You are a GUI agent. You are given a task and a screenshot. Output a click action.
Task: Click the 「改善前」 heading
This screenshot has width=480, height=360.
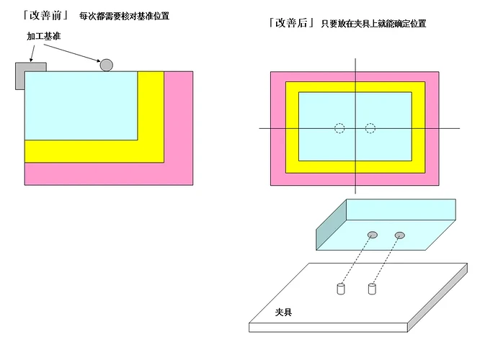tap(45, 15)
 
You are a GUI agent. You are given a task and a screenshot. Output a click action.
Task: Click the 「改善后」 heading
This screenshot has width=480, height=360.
tap(291, 22)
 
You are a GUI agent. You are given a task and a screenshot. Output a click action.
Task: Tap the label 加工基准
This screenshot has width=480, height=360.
tap(43, 36)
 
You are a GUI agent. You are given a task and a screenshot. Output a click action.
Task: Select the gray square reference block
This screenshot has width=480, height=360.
tap(30, 76)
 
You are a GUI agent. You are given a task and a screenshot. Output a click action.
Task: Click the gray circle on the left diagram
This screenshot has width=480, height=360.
tap(106, 65)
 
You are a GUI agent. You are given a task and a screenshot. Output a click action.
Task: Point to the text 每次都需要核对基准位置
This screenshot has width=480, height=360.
tap(124, 16)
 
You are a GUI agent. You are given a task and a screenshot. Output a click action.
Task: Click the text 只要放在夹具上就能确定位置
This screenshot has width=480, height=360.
tap(373, 24)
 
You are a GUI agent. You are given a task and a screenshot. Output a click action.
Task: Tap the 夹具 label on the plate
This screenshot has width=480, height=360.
tap(283, 312)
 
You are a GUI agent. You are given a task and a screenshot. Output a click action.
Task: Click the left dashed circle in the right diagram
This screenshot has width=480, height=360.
tap(339, 128)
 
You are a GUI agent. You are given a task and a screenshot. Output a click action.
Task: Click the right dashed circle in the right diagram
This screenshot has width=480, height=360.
tap(370, 128)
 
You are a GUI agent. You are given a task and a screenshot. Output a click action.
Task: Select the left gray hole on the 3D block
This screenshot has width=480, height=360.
tap(372, 235)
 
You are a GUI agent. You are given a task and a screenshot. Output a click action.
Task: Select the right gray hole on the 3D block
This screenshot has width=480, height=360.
tap(400, 235)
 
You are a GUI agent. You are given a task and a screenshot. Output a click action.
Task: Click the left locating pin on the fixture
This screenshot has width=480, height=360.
tap(341, 289)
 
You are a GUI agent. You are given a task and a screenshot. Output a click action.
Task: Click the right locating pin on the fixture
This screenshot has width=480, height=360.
tap(372, 289)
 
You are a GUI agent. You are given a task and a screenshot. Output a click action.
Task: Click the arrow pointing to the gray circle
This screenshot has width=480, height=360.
tap(72, 53)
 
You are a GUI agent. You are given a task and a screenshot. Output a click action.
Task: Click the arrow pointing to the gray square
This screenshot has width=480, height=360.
tap(32, 53)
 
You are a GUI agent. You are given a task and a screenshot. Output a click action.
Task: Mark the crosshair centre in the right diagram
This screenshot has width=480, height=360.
tap(355, 128)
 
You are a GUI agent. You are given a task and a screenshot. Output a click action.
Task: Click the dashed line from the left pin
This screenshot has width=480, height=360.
tap(357, 261)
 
